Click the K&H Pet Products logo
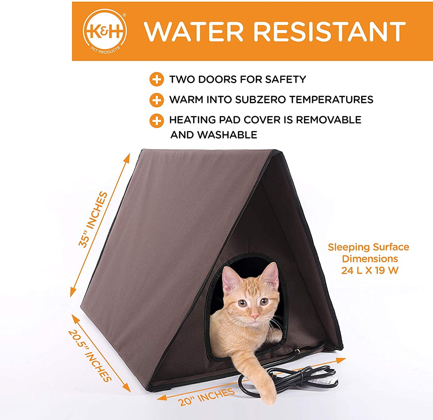(x=105, y=31)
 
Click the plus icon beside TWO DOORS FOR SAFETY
(x=156, y=79)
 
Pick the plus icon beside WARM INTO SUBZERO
(x=156, y=100)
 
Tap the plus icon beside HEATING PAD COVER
(x=156, y=121)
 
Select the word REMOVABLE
(x=328, y=120)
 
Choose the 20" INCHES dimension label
(x=206, y=396)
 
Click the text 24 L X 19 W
(x=369, y=270)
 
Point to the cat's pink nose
(x=254, y=316)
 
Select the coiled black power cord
(x=288, y=382)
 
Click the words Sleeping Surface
(x=368, y=247)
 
